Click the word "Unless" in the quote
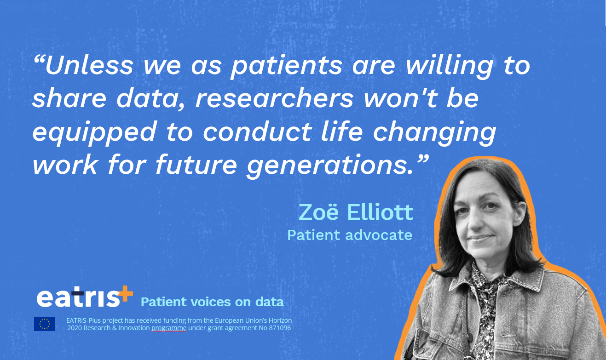(89, 65)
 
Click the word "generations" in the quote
(327, 166)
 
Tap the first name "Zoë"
(318, 212)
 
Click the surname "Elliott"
(380, 212)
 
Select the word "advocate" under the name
(379, 235)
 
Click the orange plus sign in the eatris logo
(124, 293)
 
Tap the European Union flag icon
(45, 324)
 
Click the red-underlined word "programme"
(169, 328)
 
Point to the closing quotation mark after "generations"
(421, 159)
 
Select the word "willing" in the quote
(450, 67)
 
